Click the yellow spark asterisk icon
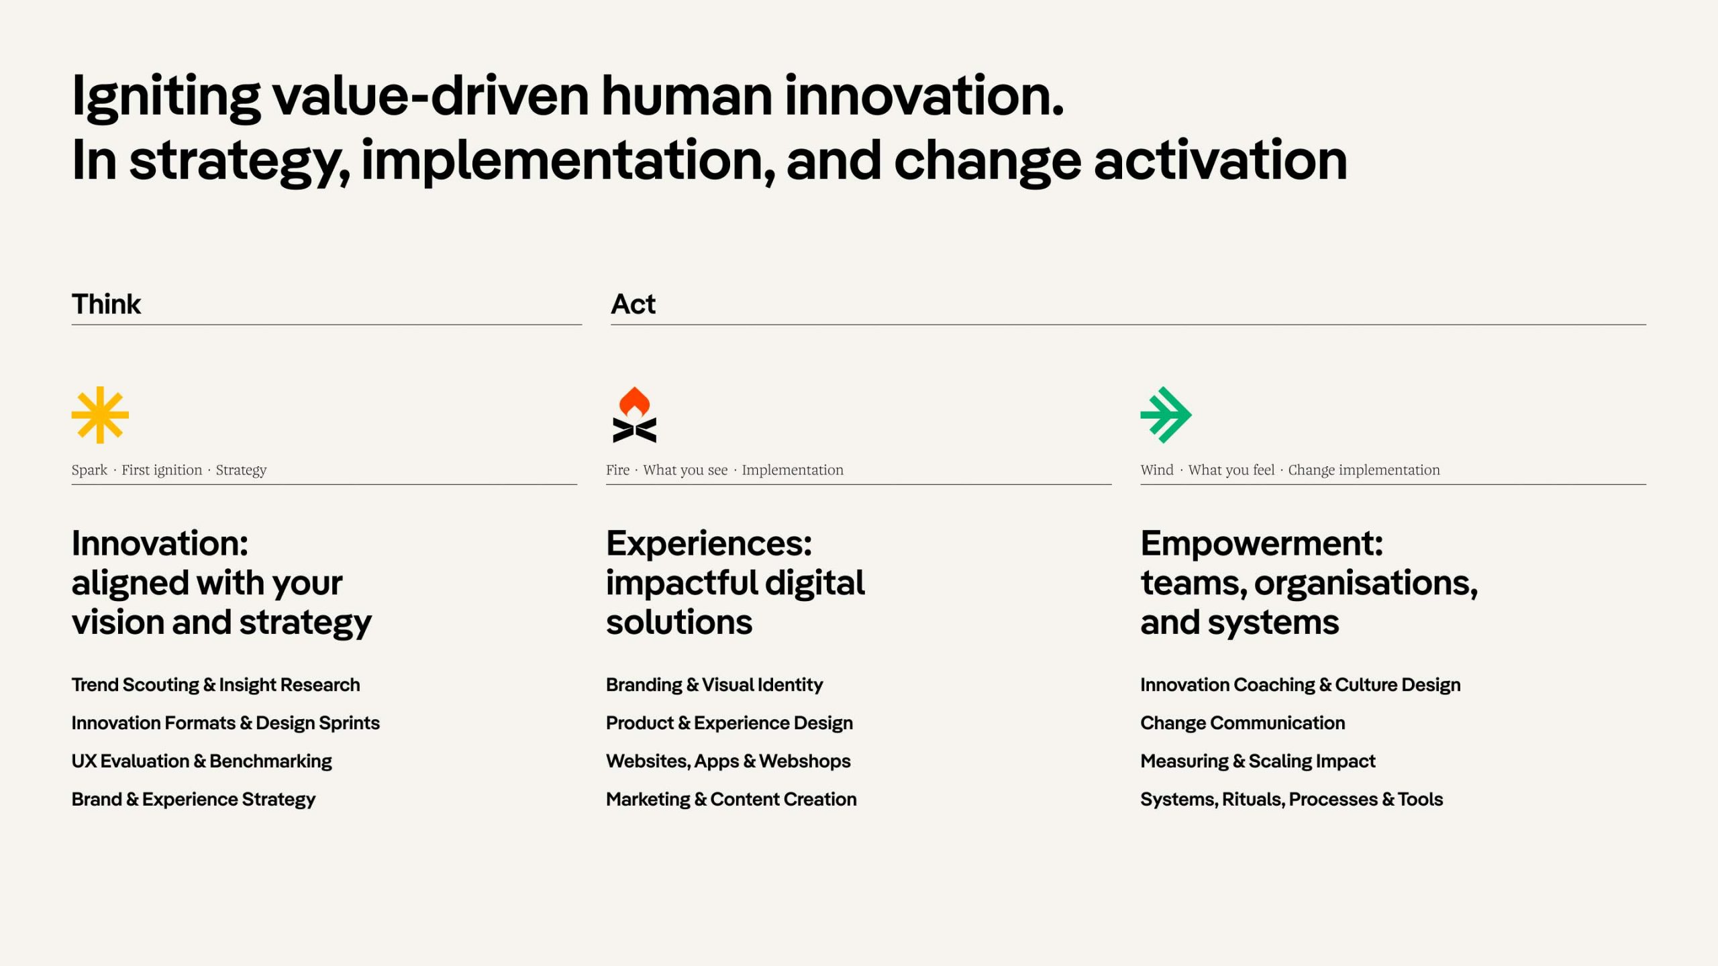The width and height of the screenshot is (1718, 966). pyautogui.click(x=100, y=415)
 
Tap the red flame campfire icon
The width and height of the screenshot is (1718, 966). pyautogui.click(x=634, y=415)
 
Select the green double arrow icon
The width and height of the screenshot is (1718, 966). pyautogui.click(x=1166, y=415)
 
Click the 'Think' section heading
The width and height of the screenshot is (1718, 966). pyautogui.click(x=106, y=305)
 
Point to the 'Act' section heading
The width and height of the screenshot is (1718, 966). pyautogui.click(x=633, y=305)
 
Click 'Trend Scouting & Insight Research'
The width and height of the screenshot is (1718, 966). pyautogui.click(x=215, y=685)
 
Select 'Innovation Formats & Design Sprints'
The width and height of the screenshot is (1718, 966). pyautogui.click(x=225, y=723)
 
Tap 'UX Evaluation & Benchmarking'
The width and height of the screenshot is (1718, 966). pyautogui.click(x=201, y=761)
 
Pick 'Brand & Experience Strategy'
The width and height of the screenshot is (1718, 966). pyautogui.click(x=193, y=800)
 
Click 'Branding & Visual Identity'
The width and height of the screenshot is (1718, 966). pyautogui.click(x=714, y=685)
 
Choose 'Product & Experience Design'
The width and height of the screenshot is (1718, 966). pyautogui.click(x=729, y=723)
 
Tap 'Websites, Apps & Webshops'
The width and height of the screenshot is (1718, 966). pyautogui.click(x=727, y=761)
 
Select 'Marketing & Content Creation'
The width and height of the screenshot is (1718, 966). pyautogui.click(x=731, y=800)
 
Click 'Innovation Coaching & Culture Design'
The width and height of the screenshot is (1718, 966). pyautogui.click(x=1300, y=685)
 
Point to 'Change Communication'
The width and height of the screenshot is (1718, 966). pyautogui.click(x=1242, y=723)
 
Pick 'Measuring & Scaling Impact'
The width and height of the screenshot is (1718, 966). pyautogui.click(x=1258, y=761)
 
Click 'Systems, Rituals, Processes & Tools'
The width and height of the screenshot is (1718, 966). pyautogui.click(x=1291, y=800)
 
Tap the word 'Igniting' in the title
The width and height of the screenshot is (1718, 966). pyautogui.click(x=166, y=98)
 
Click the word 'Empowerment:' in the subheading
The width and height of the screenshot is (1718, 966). pyautogui.click(x=1262, y=543)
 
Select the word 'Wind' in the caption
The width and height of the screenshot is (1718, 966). pyautogui.click(x=1157, y=470)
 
